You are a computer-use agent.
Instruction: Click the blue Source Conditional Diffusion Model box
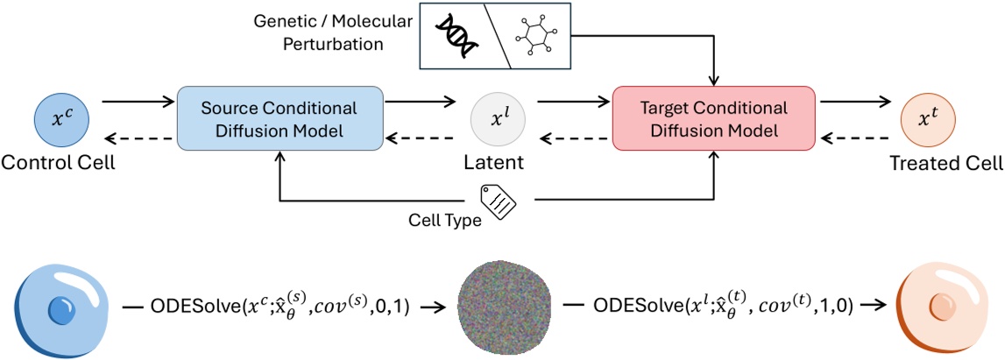[280, 117]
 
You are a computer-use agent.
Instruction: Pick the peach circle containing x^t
[928, 118]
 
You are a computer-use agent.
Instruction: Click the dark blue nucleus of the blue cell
[60, 311]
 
